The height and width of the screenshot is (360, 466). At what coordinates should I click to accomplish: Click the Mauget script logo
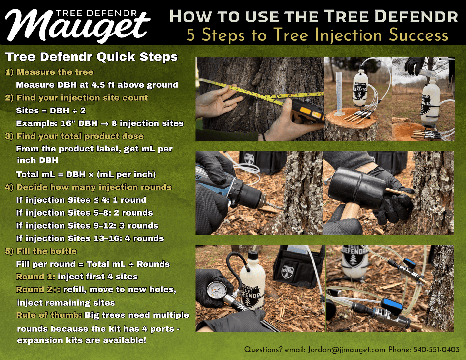pos(77,26)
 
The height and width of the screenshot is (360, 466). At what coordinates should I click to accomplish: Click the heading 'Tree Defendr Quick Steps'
pos(92,57)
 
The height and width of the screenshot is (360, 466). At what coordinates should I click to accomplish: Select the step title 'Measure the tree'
pos(55,72)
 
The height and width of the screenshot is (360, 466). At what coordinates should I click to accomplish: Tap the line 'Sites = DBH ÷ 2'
pos(51,111)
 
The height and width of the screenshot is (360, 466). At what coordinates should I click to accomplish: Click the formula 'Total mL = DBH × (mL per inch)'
pos(86,174)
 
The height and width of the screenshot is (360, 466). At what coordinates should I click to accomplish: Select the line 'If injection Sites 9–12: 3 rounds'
pos(87,226)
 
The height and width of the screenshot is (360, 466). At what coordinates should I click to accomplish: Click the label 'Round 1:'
pos(35,277)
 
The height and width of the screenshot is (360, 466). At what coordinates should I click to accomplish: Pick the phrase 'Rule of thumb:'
pos(49,315)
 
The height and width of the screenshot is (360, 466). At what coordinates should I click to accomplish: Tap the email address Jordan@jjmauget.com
pos(346,350)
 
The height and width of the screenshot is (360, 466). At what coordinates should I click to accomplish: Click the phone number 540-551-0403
pos(436,350)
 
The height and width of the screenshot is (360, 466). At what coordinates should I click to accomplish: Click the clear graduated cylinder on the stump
pos(338,93)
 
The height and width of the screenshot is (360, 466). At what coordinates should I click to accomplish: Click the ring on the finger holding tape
pos(225,104)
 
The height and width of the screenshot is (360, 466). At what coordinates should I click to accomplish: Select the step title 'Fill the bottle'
pos(46,251)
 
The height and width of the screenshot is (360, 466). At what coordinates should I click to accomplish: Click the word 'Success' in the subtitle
pos(418,35)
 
